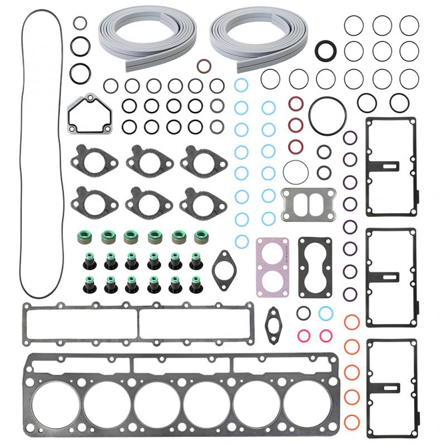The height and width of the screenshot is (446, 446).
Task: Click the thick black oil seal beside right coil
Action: (x=325, y=50)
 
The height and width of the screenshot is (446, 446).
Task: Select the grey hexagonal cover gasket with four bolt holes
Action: (x=88, y=115)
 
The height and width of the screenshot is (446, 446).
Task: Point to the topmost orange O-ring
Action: (x=351, y=322)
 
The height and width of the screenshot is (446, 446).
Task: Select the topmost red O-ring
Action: (x=295, y=104)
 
